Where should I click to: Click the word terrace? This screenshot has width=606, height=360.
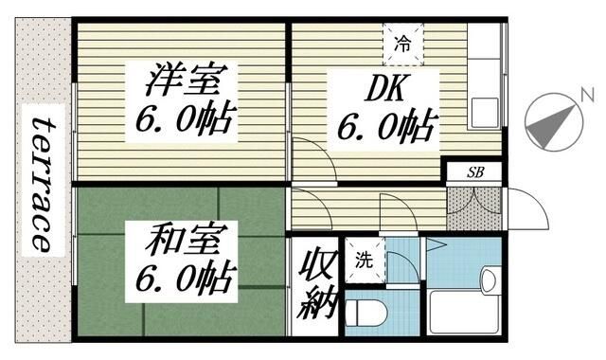[41, 182]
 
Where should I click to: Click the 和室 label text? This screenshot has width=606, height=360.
[179, 242]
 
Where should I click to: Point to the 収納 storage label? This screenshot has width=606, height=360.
[313, 285]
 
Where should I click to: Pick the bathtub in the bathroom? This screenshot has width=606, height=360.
[464, 311]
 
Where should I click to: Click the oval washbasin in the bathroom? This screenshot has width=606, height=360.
[490, 279]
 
